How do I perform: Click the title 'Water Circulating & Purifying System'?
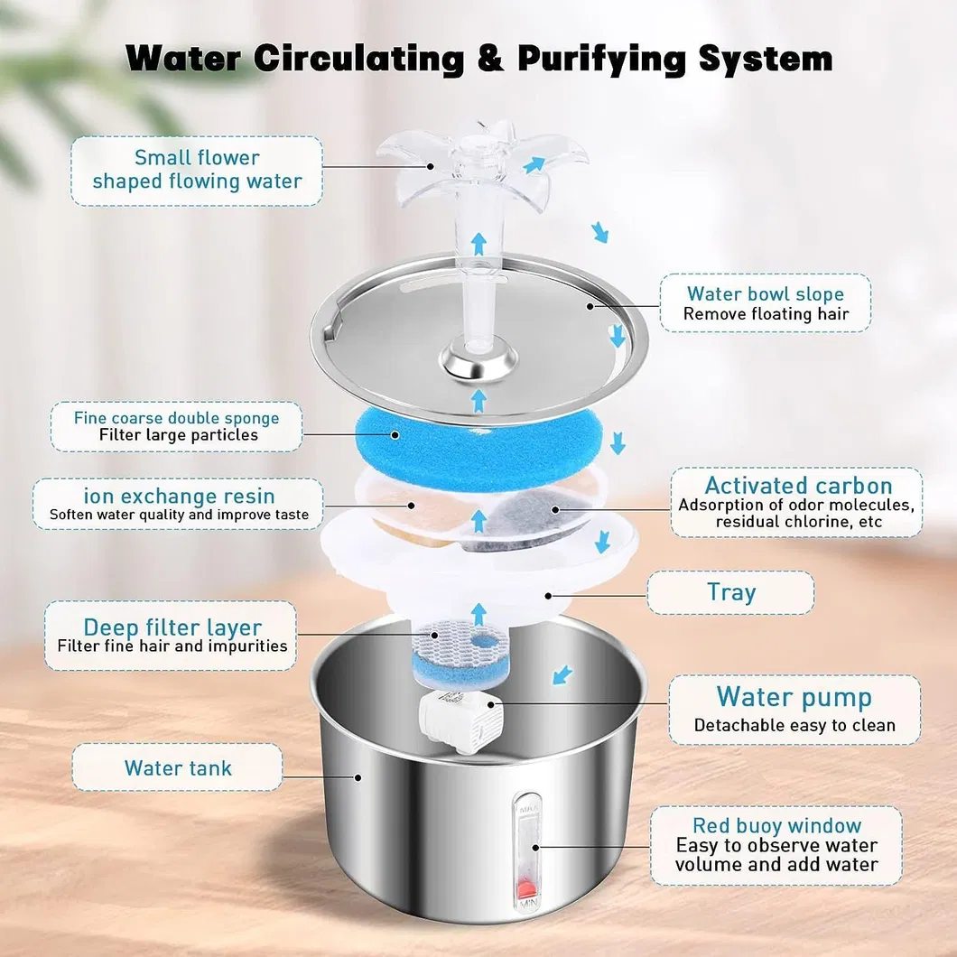(x=478, y=58)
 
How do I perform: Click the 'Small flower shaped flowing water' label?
(x=197, y=170)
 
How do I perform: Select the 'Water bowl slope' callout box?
(x=765, y=303)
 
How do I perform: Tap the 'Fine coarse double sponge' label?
(x=177, y=426)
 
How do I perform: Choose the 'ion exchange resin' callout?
(x=178, y=505)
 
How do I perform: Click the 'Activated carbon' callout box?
(x=797, y=502)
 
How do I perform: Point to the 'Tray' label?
(x=730, y=592)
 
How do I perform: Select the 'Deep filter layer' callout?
(x=172, y=636)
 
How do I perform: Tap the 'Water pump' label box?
(x=794, y=710)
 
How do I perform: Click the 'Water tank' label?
(x=178, y=768)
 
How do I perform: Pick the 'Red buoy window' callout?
(x=776, y=844)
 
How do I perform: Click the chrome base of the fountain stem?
(x=478, y=361)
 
